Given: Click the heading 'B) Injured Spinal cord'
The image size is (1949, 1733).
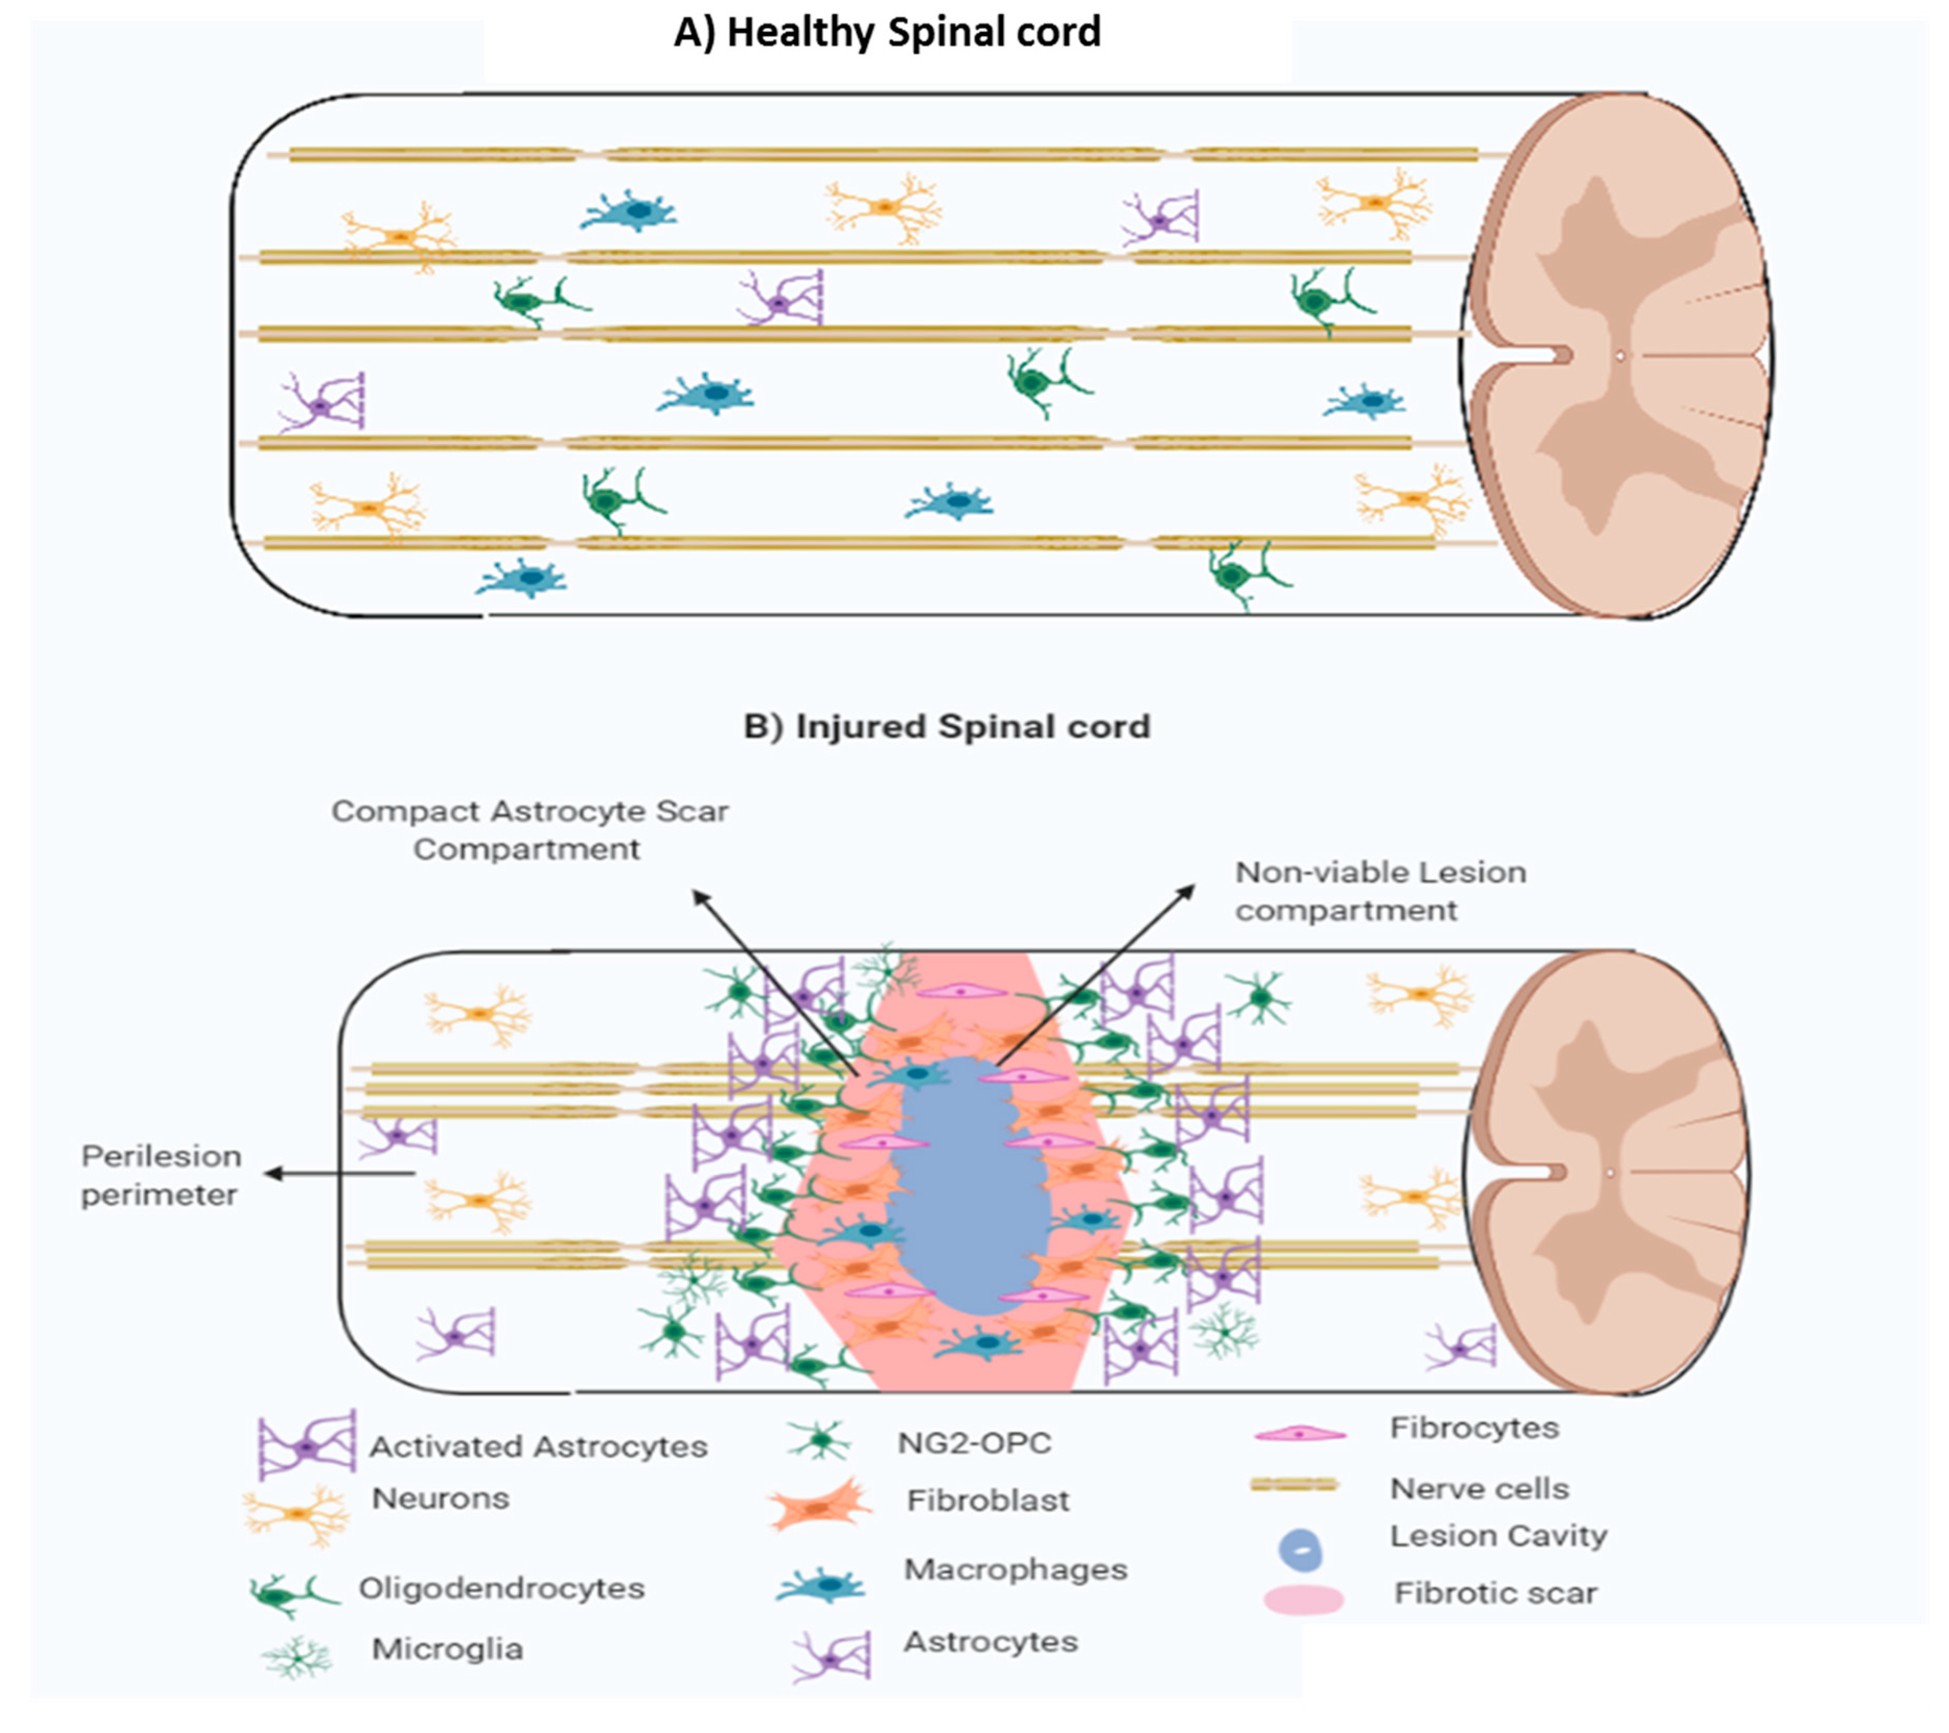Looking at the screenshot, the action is [x=947, y=727].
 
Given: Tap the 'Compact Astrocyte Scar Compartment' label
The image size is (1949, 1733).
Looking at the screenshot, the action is [x=529, y=830].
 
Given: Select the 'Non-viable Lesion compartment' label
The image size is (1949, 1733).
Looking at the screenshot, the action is [x=1380, y=891].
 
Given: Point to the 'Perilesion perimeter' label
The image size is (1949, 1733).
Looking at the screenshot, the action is [x=160, y=1175].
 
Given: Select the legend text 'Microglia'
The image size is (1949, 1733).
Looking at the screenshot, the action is [x=447, y=1649].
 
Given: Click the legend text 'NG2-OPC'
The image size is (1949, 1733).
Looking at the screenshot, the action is [x=974, y=1443].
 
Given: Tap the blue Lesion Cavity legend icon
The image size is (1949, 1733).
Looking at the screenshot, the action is [x=1300, y=1550].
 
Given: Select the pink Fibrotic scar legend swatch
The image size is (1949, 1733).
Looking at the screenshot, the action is [x=1304, y=1599].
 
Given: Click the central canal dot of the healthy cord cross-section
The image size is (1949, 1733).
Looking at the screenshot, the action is [x=1619, y=357].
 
